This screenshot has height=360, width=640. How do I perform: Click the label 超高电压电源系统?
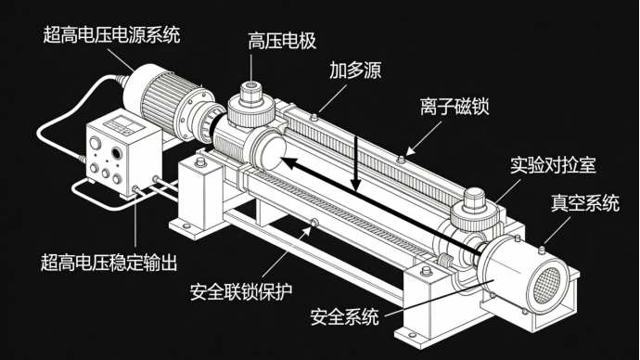(111, 34)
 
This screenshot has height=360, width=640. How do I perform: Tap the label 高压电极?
(282, 41)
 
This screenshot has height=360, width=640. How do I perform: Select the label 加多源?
(355, 71)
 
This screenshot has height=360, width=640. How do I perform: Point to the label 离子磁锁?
(454, 107)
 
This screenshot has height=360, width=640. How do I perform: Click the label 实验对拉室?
(553, 165)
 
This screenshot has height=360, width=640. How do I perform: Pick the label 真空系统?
(585, 203)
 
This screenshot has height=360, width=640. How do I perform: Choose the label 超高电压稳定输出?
(109, 263)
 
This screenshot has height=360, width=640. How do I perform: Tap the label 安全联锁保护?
(241, 291)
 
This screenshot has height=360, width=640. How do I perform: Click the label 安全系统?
(344, 316)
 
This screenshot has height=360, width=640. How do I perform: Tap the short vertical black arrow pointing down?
(356, 163)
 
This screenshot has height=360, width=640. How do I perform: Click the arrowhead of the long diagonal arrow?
(288, 162)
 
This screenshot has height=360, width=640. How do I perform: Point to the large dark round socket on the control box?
(117, 153)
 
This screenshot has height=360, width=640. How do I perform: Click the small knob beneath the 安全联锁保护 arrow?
(314, 223)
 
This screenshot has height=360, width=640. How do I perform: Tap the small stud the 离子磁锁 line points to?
(402, 159)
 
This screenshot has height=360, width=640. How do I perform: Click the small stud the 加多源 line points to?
(314, 118)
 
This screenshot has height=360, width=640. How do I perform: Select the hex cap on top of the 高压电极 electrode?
(250, 87)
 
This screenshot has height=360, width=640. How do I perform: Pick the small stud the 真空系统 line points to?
(542, 250)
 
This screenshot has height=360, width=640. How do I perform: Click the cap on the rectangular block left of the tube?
(200, 162)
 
